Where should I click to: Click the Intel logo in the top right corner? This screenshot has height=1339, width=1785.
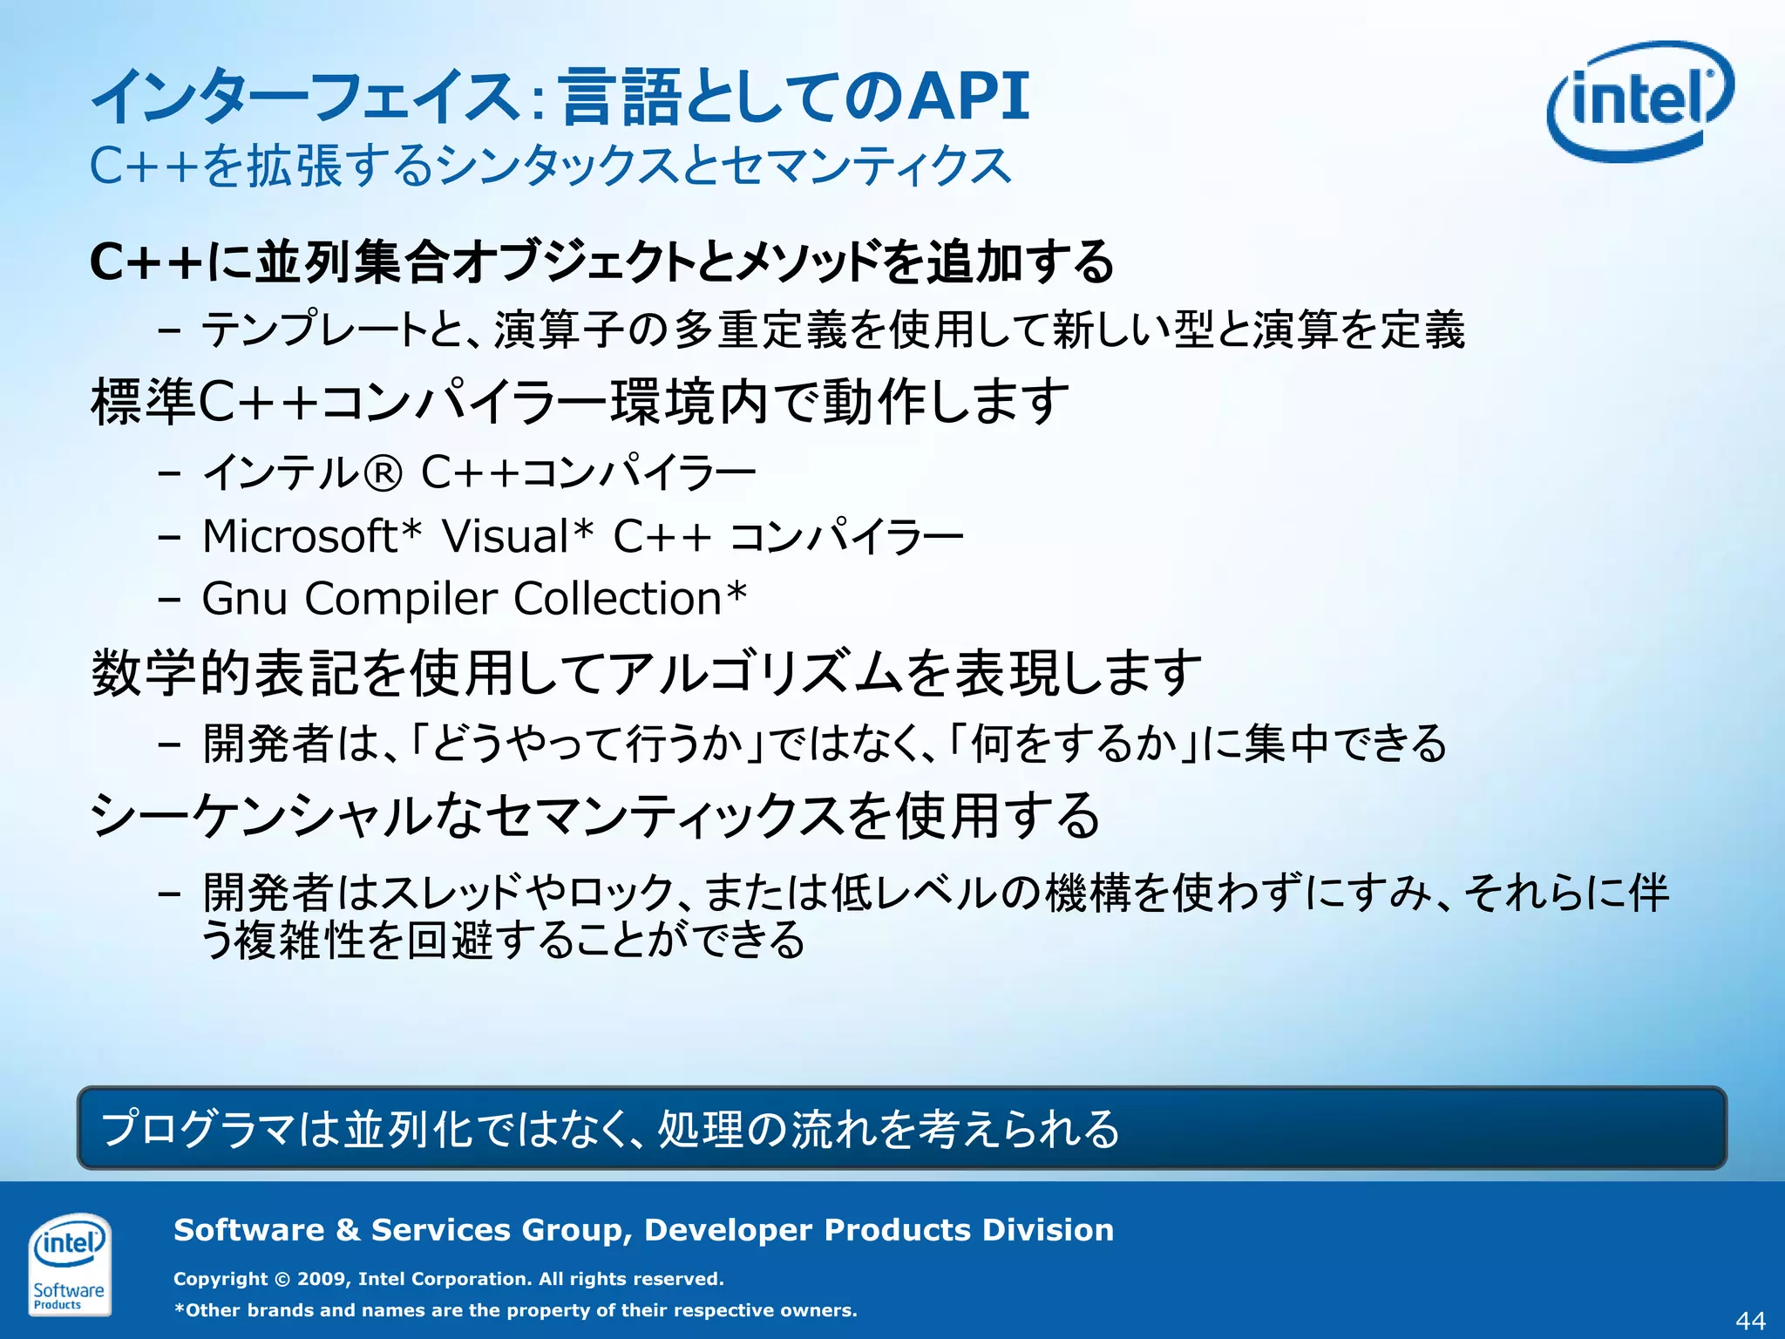pos(1639,101)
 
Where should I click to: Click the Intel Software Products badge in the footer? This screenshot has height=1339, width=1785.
pos(69,1263)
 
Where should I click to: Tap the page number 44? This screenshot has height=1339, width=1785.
pos(1750,1321)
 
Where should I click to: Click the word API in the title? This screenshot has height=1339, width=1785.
pos(968,96)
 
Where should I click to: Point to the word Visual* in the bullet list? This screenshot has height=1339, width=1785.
pos(517,535)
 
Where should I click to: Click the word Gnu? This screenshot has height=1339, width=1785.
pos(244,599)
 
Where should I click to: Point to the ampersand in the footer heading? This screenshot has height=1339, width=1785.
pos(348,1230)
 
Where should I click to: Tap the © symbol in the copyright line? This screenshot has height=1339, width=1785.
pos(282,1279)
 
